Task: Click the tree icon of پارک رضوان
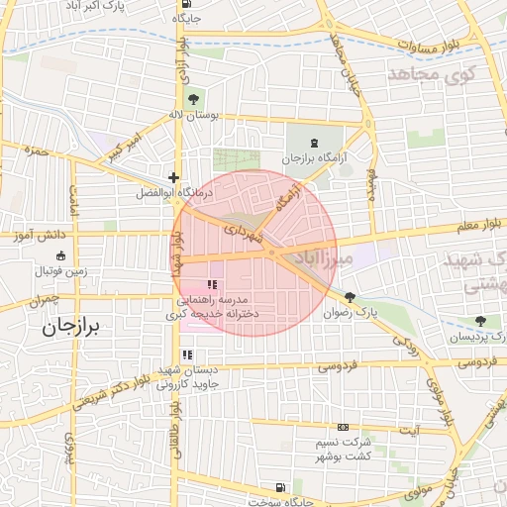350,296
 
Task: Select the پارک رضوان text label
354,313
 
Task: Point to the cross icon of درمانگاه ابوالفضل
173,177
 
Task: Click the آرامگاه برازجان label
314,158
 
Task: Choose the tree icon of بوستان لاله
192,99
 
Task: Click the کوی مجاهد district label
433,73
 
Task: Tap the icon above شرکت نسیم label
343,427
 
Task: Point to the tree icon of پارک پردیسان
480,321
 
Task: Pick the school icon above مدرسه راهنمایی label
210,284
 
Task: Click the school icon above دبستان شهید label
187,355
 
